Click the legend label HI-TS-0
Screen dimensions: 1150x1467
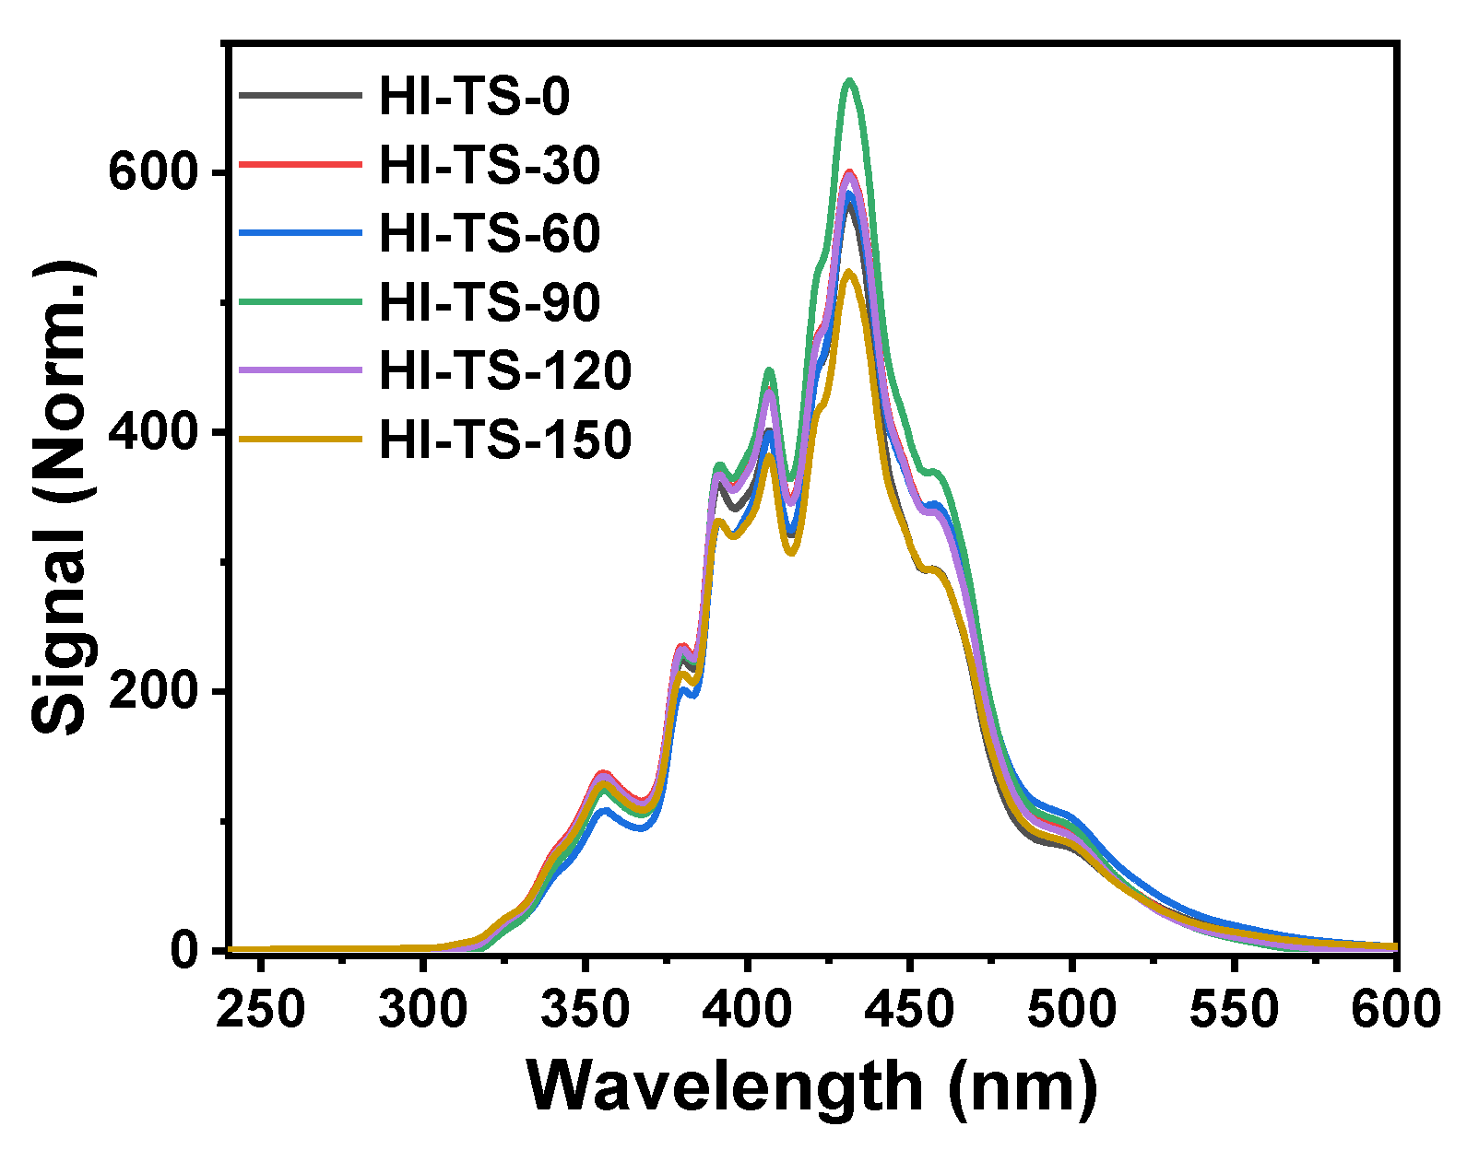(474, 96)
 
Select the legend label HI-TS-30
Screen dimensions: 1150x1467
(490, 165)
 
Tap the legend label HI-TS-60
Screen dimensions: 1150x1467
(490, 233)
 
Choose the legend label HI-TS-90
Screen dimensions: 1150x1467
(490, 302)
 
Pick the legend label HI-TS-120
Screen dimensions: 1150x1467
(505, 370)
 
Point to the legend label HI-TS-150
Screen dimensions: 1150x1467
(505, 440)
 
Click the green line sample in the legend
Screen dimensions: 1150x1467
(300, 301)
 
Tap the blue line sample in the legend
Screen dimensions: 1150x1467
(300, 233)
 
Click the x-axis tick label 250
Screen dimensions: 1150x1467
(261, 1010)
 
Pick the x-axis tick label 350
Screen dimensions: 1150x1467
(585, 1010)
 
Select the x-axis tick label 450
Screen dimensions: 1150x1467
(909, 1010)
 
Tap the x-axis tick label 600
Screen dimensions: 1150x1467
(1396, 1010)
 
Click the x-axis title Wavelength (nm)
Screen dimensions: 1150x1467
(811, 1087)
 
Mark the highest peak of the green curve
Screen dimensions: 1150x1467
(850, 81)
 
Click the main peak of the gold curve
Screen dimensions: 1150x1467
(849, 272)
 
